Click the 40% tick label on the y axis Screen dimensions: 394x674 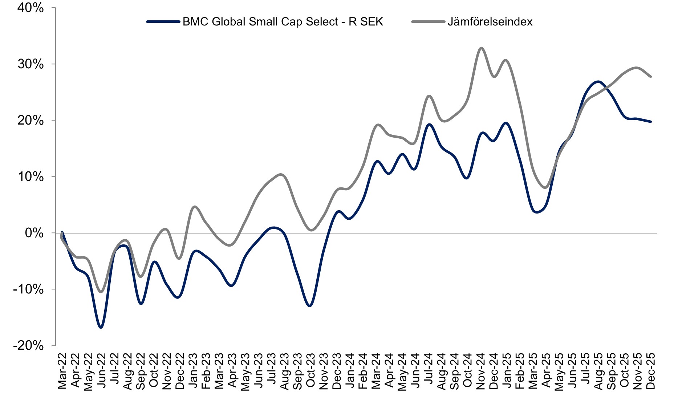coord(31,8)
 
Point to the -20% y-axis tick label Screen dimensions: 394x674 coord(28,345)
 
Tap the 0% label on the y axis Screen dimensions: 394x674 coord(34,233)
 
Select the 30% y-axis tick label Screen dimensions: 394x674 coord(31,64)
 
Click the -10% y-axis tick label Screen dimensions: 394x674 coord(28,289)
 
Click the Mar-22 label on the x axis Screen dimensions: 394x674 coord(62,371)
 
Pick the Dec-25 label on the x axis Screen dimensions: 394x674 coord(651,371)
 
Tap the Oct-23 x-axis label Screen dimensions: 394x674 coord(310,371)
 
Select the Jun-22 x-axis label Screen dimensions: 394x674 coord(102,371)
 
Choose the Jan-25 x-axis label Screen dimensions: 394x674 coord(507,371)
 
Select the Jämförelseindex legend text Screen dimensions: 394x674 coord(490,22)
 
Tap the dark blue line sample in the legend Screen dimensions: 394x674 coord(163,22)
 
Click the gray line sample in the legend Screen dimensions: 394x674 coord(428,22)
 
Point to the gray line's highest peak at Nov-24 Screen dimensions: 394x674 coord(481,48)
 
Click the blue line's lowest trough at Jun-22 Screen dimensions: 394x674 coord(101,328)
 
